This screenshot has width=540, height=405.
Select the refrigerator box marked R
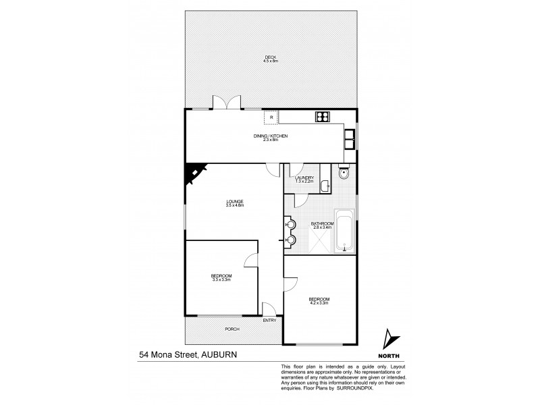pyautogui.click(x=271, y=117)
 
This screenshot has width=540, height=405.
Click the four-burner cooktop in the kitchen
pyautogui.click(x=322, y=117)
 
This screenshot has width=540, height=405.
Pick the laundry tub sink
pyautogui.click(x=325, y=184)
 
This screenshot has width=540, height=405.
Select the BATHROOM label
pyautogui.click(x=322, y=223)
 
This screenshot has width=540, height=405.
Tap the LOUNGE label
pyautogui.click(x=235, y=202)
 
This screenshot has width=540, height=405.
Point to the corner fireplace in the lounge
pyautogui.click(x=195, y=175)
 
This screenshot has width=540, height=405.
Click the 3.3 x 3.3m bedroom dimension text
pyautogui.click(x=221, y=279)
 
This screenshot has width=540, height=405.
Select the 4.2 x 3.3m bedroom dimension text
pyautogui.click(x=319, y=303)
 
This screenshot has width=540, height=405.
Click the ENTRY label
pyautogui.click(x=269, y=320)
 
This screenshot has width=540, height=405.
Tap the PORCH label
pyautogui.click(x=232, y=329)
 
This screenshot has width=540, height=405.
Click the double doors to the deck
pyautogui.click(x=226, y=103)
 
